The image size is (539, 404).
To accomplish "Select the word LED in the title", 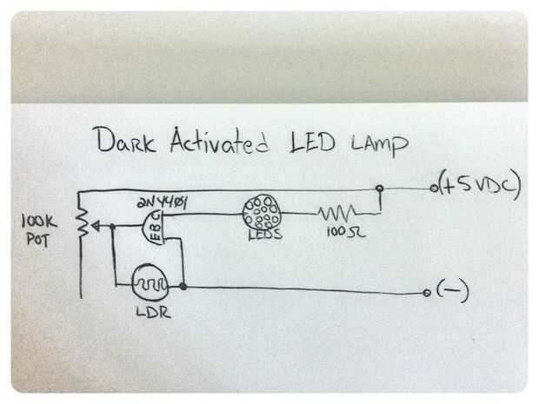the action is tap(312, 142).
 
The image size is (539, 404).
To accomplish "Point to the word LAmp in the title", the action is tap(380, 144).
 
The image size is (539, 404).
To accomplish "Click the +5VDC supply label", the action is tap(480, 185).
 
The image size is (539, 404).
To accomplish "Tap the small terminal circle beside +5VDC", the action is tap(434, 189).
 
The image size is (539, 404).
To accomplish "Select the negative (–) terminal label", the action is tap(453, 291).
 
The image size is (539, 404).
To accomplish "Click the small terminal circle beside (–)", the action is tap(427, 293).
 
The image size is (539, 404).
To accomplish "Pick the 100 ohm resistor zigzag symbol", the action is tap(337, 213).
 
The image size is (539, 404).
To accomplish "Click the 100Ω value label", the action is tap(345, 232).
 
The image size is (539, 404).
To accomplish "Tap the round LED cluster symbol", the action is tap(262, 212).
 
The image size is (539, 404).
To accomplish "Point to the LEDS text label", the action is tap(265, 235).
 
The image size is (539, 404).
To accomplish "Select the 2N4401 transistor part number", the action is tap(162, 203).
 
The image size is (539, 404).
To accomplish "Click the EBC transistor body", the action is tap(154, 228).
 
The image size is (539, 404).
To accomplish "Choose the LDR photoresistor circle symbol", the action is tap(150, 282).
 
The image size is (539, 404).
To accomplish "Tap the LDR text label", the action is tap(153, 312).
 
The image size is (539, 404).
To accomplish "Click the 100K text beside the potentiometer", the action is tap(39, 222).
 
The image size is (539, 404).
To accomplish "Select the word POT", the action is tap(37, 240).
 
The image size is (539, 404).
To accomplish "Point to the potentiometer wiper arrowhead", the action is tap(96, 226).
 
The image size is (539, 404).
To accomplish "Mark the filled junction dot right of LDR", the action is tap(183, 286).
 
